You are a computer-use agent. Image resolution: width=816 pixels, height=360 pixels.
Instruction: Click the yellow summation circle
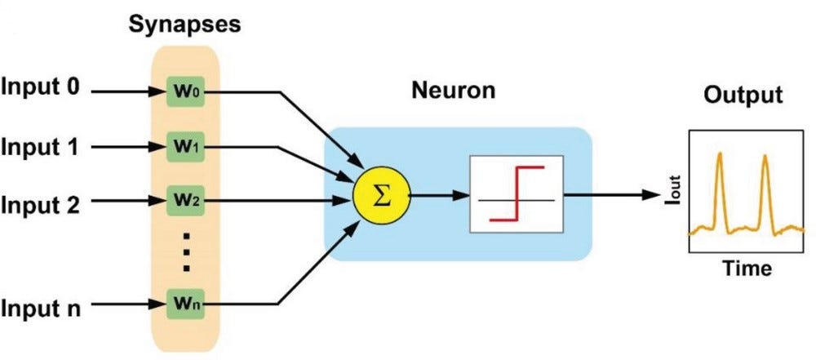point(380,196)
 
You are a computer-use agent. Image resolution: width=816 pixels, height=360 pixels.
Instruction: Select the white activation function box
point(516,195)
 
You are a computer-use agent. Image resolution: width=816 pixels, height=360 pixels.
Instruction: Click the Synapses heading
point(184,24)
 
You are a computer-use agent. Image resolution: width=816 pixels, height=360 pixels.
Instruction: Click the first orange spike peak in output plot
point(720,155)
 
